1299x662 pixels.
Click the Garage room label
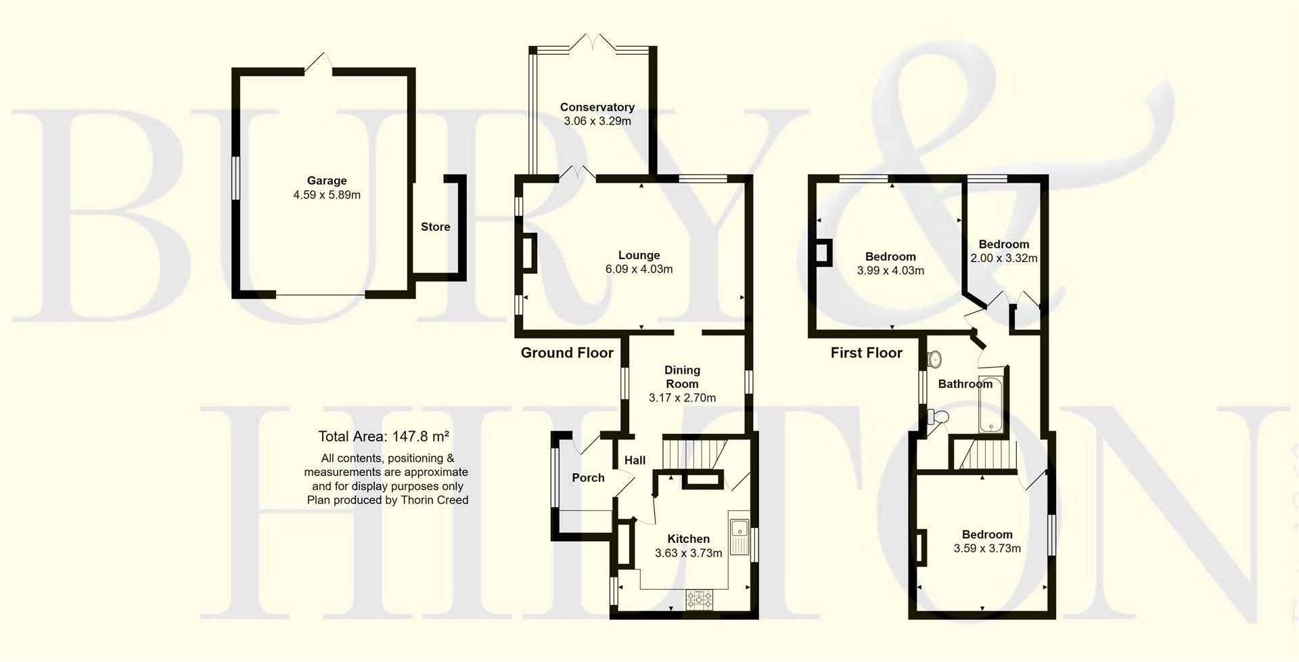pyautogui.click(x=327, y=181)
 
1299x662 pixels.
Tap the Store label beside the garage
pyautogui.click(x=435, y=227)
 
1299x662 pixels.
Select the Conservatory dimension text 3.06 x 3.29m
pyautogui.click(x=597, y=121)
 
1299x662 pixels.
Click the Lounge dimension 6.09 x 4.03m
pyautogui.click(x=639, y=269)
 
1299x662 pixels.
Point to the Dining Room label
pyautogui.click(x=682, y=377)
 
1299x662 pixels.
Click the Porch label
pyautogui.click(x=588, y=478)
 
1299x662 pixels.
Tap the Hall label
pyautogui.click(x=635, y=460)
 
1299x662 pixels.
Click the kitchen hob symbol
pyautogui.click(x=700, y=599)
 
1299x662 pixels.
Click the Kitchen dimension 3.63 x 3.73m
pyautogui.click(x=688, y=553)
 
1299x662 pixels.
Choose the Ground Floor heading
pyautogui.click(x=567, y=353)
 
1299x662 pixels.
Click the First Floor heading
pyautogui.click(x=866, y=353)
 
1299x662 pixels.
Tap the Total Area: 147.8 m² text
pyautogui.click(x=384, y=437)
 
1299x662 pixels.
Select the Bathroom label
pyautogui.click(x=965, y=384)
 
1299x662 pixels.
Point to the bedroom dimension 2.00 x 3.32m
pyautogui.click(x=1003, y=259)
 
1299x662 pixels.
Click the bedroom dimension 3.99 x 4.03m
pyautogui.click(x=890, y=271)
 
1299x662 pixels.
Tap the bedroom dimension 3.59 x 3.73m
pyautogui.click(x=987, y=549)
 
